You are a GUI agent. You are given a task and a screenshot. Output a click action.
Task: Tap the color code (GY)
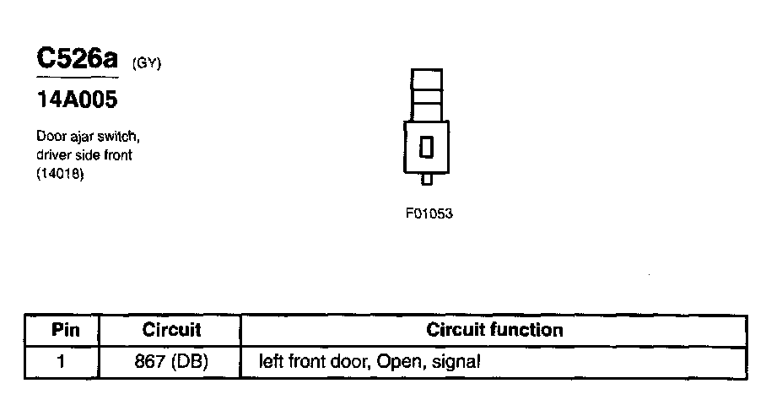(147, 64)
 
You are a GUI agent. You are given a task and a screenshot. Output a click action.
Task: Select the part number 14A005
(76, 101)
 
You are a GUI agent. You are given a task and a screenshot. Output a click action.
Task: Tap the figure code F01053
(429, 213)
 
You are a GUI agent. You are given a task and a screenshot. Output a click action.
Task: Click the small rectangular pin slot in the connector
(426, 146)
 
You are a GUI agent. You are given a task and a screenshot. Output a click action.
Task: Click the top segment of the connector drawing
(426, 78)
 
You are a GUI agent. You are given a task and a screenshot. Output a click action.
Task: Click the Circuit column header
(171, 329)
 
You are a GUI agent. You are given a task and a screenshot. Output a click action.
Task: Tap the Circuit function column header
(494, 329)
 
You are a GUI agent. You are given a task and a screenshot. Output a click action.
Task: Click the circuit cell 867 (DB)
(171, 362)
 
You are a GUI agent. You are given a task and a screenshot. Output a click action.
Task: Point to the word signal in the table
(456, 362)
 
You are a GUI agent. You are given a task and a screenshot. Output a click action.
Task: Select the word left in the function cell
(273, 362)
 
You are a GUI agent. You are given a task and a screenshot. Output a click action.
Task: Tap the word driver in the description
(53, 155)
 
